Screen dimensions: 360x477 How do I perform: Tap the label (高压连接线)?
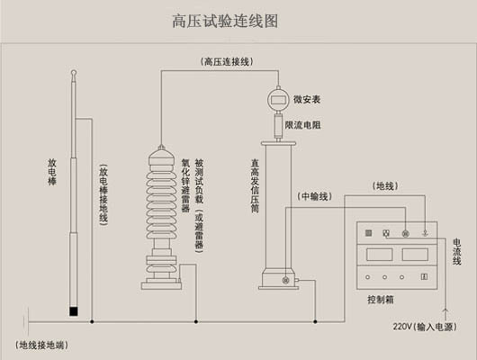click(x=227, y=61)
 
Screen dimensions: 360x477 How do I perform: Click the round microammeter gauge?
click(x=274, y=100)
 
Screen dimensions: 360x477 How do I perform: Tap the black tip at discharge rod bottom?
click(x=75, y=312)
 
